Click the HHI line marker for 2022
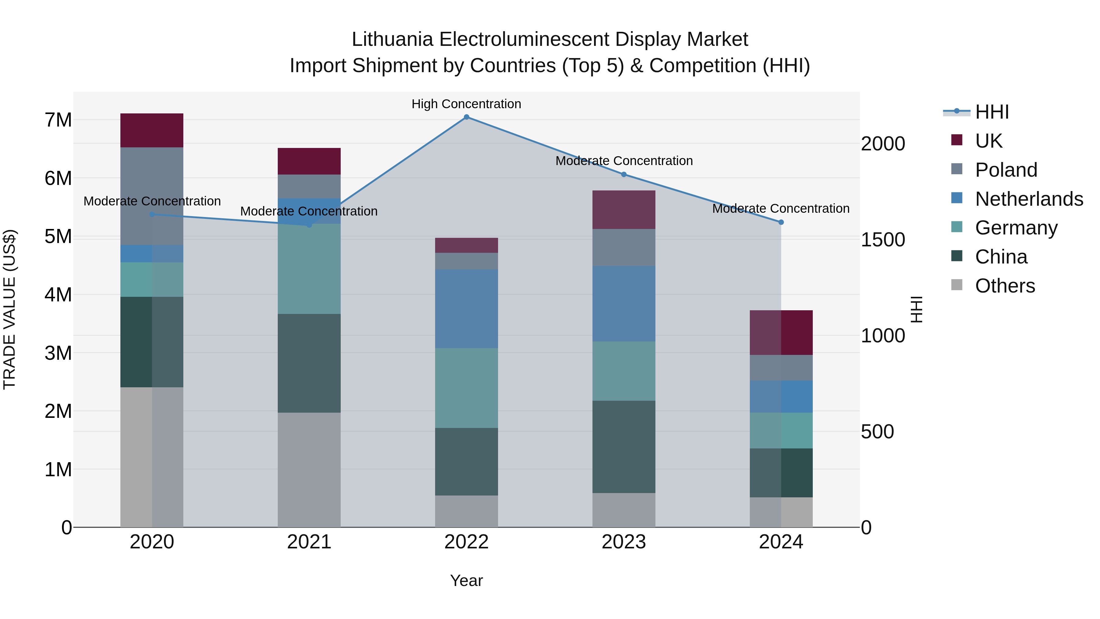click(x=466, y=117)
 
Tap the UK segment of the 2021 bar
click(x=309, y=161)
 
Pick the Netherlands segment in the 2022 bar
click(x=466, y=308)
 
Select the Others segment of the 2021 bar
click(x=309, y=470)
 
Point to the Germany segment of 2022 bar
click(x=466, y=388)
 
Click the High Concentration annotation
click(x=466, y=104)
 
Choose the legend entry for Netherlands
click(x=1029, y=199)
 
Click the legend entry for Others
click(x=1005, y=286)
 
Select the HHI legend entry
click(x=992, y=112)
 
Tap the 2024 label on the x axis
click(x=781, y=542)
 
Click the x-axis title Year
click(x=466, y=580)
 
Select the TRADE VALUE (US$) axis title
click(x=9, y=309)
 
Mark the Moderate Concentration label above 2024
click(x=781, y=208)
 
